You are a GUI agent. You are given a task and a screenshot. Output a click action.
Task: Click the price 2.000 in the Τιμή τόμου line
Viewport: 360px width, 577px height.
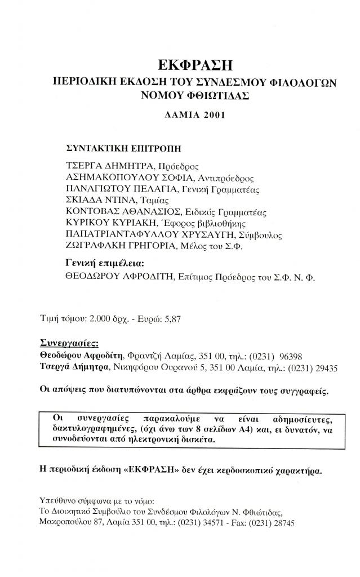pos(100,319)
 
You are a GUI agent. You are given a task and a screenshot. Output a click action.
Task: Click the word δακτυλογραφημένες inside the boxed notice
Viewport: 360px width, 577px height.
pos(95,430)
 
